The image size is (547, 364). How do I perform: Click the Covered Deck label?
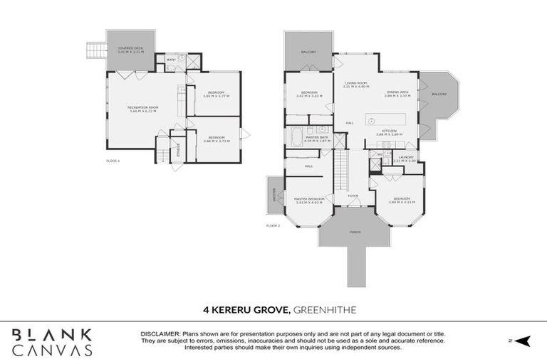point(130,50)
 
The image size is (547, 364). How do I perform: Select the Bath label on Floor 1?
point(171,60)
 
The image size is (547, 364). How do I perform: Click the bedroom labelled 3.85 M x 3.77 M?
point(217,95)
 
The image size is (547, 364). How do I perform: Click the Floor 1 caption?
point(113,161)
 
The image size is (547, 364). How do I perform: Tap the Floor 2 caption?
point(273,225)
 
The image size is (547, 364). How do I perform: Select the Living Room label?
point(356,85)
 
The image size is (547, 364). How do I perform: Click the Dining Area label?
point(397,93)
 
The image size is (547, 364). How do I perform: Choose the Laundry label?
point(406,159)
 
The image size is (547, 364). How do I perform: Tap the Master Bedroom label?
point(309,200)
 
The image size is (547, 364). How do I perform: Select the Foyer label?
point(353,196)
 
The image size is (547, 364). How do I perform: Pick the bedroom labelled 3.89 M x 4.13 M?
point(402,200)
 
